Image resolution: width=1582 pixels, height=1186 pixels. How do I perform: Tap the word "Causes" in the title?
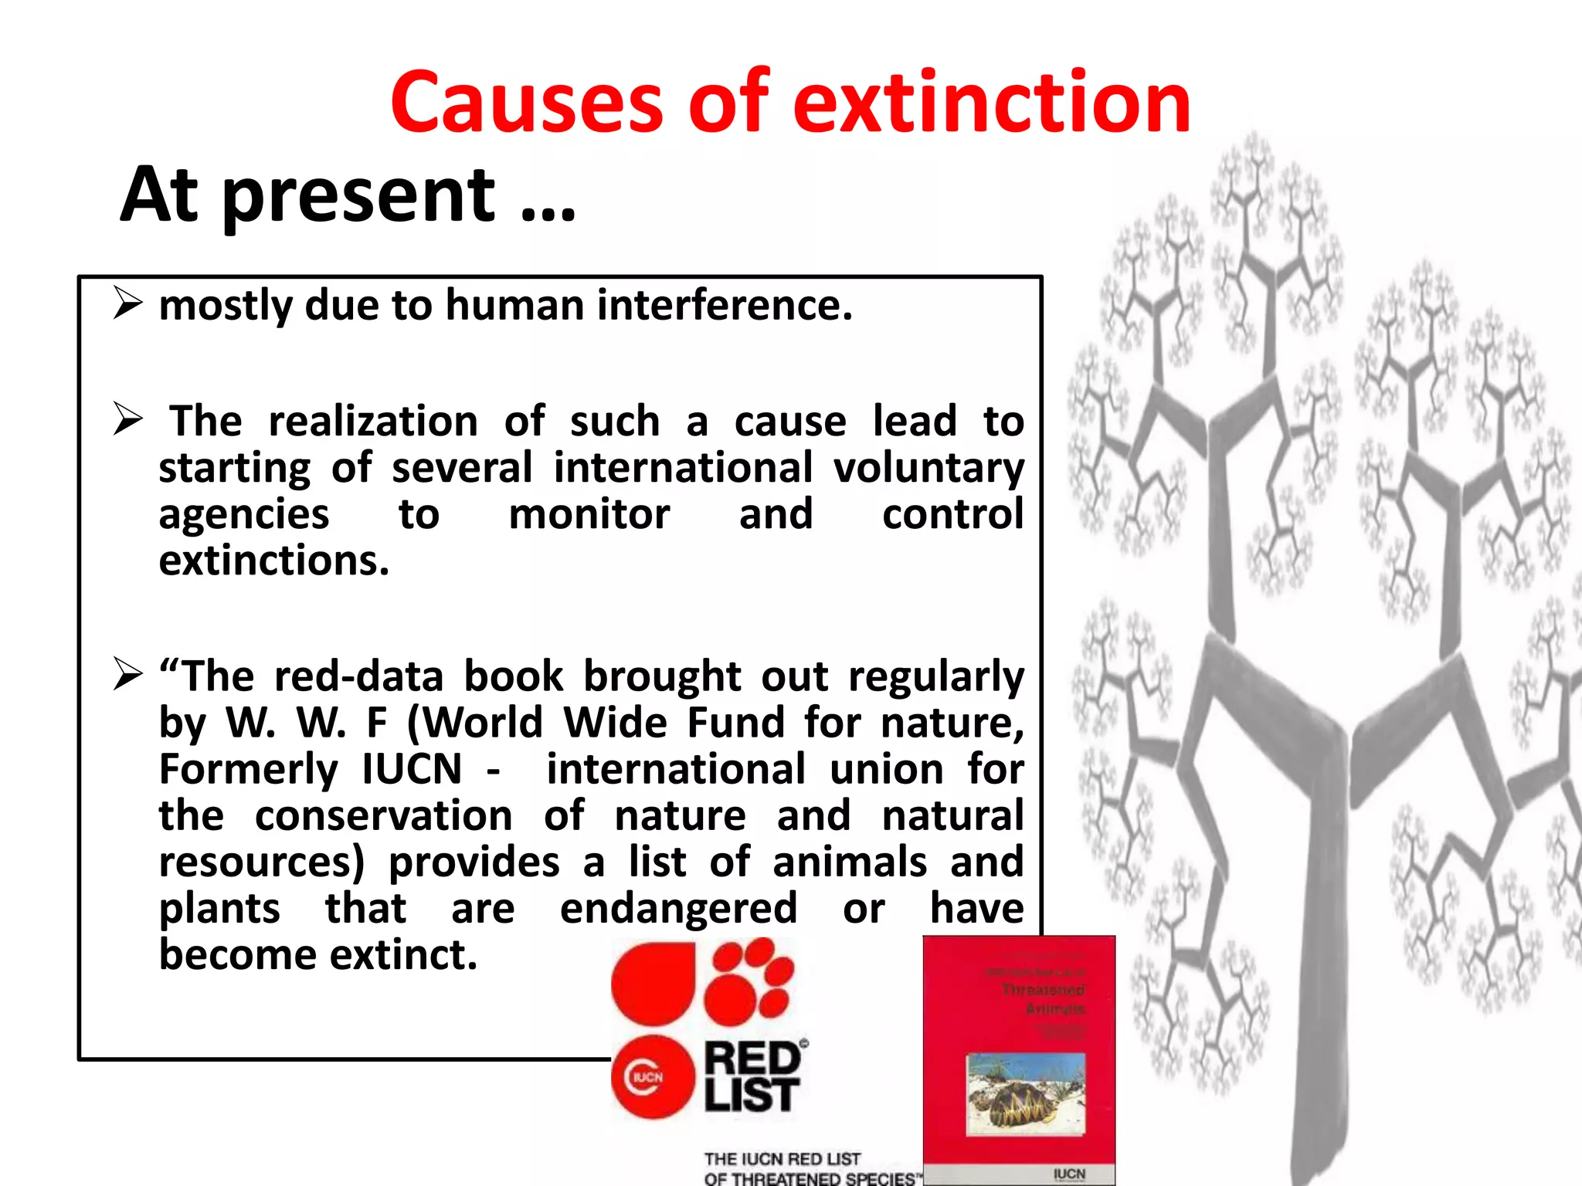click(x=525, y=103)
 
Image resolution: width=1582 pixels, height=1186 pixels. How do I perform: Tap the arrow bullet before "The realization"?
click(x=127, y=418)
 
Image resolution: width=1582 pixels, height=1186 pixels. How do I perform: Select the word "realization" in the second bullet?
click(x=373, y=422)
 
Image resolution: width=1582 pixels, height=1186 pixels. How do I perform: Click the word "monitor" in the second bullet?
click(x=589, y=515)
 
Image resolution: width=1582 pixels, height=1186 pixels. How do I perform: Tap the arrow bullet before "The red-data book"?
click(x=127, y=673)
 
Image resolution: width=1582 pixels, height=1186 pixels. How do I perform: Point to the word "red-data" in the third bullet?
click(x=358, y=677)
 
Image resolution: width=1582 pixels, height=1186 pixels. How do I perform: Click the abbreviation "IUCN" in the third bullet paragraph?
click(x=412, y=770)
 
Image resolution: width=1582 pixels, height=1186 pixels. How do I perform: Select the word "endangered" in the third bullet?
click(x=678, y=909)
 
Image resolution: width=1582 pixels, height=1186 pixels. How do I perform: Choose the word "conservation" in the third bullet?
click(x=383, y=816)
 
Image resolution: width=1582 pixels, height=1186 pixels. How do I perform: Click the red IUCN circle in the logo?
click(x=648, y=1077)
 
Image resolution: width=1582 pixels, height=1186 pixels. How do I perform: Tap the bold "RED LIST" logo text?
click(x=752, y=1076)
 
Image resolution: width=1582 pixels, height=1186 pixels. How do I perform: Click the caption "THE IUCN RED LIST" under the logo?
click(x=782, y=1159)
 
